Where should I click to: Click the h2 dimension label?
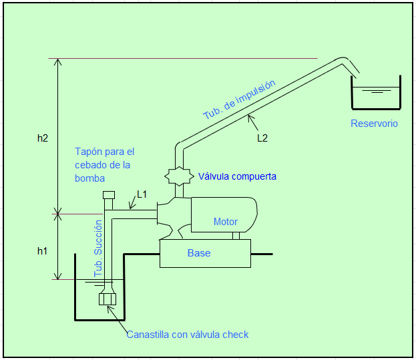pyautogui.click(x=43, y=138)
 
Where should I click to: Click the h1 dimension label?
pyautogui.click(x=42, y=251)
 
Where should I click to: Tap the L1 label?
pyautogui.click(x=142, y=194)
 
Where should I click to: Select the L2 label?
pyautogui.click(x=262, y=138)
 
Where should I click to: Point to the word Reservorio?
pyautogui.click(x=374, y=124)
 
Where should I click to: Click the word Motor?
pyautogui.click(x=226, y=222)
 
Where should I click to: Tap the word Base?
pyautogui.click(x=199, y=253)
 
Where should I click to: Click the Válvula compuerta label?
pyautogui.click(x=237, y=176)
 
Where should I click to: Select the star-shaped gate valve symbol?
pyautogui.click(x=179, y=176)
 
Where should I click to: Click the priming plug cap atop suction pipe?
pyautogui.click(x=109, y=195)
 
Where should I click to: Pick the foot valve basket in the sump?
pyautogui.click(x=108, y=299)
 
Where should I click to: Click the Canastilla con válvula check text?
pyautogui.click(x=188, y=335)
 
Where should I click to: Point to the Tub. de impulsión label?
pyautogui.click(x=239, y=100)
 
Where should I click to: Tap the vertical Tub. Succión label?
pyautogui.click(x=98, y=248)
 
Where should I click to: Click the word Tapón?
pyautogui.click(x=87, y=152)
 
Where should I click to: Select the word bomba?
pyautogui.click(x=89, y=178)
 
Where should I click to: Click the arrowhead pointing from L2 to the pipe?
pyautogui.click(x=250, y=118)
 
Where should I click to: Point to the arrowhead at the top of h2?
pyautogui.click(x=58, y=62)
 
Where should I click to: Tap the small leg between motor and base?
pyautogui.click(x=236, y=236)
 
